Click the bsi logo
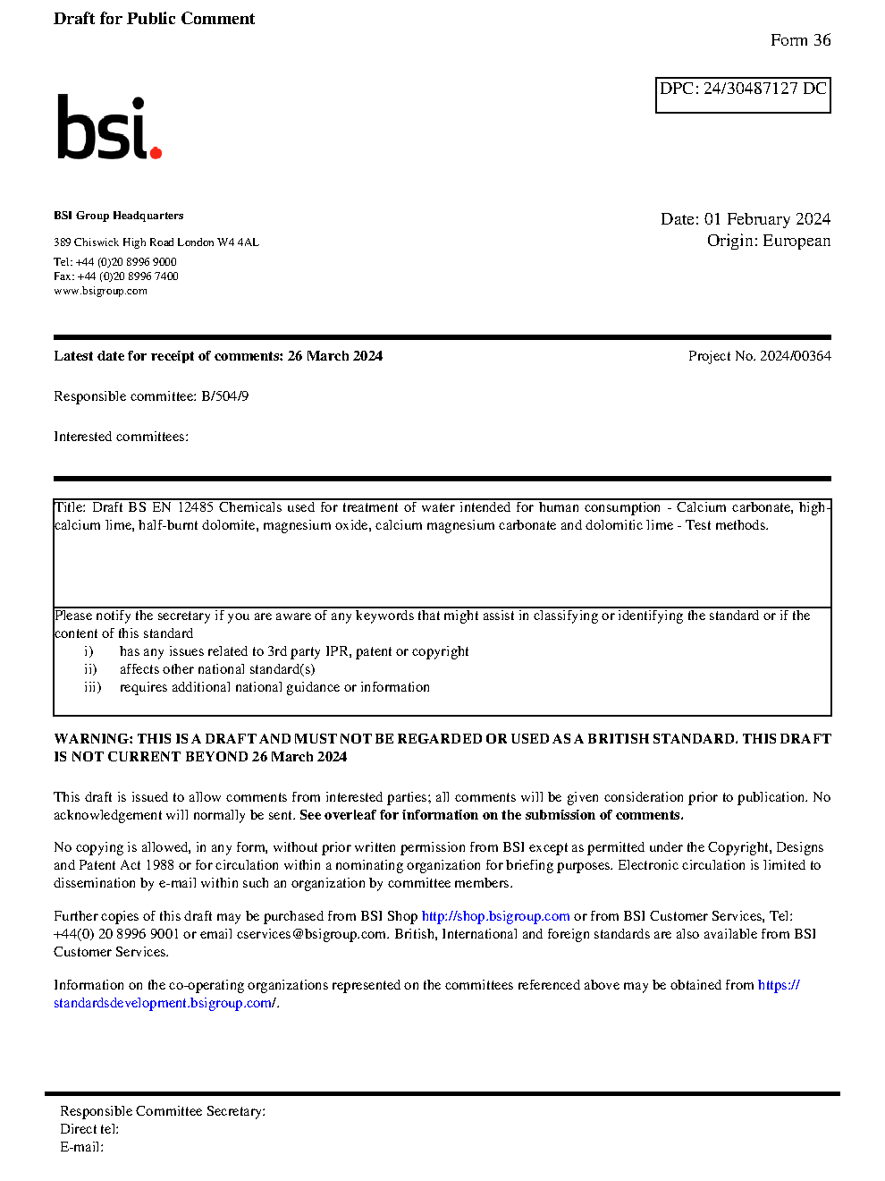pos(108,128)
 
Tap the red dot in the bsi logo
pos(156,152)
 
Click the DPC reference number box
pos(743,95)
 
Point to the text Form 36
pos(800,40)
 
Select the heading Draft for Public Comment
pos(154,19)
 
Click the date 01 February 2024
pos(767,219)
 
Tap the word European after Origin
pos(796,241)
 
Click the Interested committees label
pos(121,437)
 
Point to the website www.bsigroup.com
pos(100,291)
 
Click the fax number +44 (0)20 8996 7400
pos(128,276)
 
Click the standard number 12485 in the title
pos(195,507)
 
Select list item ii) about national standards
pos(217,669)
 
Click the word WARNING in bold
pos(93,739)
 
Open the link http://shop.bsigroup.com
pos(495,916)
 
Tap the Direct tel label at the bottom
pos(88,1129)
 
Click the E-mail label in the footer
pos(81,1147)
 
